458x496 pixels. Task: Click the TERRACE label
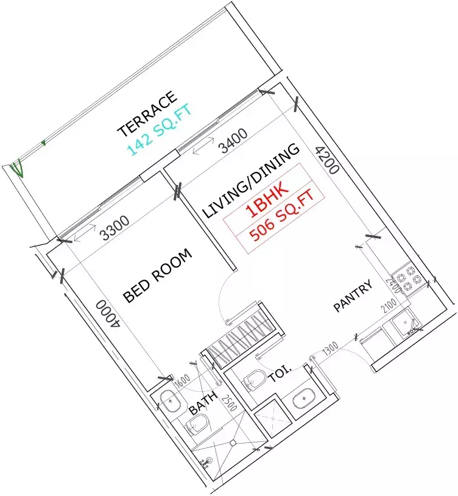(147, 114)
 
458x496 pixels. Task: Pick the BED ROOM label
(157, 275)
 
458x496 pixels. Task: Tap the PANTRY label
(353, 297)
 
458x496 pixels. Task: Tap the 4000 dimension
(109, 314)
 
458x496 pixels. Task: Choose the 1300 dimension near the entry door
(329, 350)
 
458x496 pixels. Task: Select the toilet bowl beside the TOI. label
(253, 380)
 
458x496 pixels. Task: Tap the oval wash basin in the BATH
(169, 400)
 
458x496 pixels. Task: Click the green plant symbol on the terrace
(16, 166)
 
